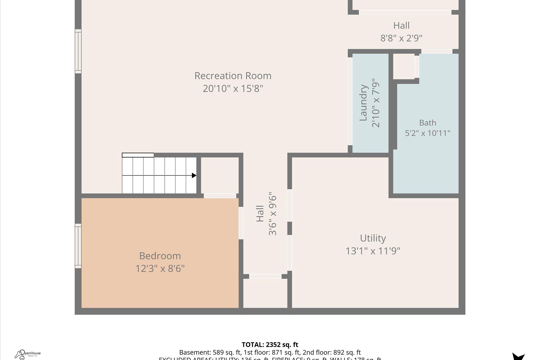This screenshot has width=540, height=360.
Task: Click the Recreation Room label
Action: pyautogui.click(x=233, y=76)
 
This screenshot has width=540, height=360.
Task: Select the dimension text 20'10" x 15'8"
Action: pyautogui.click(x=233, y=89)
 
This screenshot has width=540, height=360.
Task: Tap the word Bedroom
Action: pyautogui.click(x=160, y=256)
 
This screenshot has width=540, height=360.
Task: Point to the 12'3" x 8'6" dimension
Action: pyautogui.click(x=160, y=269)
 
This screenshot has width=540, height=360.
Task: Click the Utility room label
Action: pyautogui.click(x=373, y=238)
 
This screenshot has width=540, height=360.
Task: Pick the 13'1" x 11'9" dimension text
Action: pyautogui.click(x=373, y=251)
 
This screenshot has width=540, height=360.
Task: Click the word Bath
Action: pyautogui.click(x=427, y=123)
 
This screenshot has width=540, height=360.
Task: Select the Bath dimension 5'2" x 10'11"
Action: pyautogui.click(x=427, y=133)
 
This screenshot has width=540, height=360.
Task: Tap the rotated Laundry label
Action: pyautogui.click(x=363, y=103)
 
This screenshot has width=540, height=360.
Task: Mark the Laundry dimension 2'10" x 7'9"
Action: pyautogui.click(x=376, y=105)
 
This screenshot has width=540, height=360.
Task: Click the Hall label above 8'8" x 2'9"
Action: pyautogui.click(x=401, y=26)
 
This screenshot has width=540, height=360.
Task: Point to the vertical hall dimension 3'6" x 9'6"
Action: pyautogui.click(x=272, y=215)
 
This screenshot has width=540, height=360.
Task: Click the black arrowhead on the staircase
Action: pyautogui.click(x=194, y=175)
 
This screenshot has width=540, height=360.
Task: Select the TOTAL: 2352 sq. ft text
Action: pyautogui.click(x=270, y=345)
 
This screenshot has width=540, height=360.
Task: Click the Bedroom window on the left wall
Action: pyautogui.click(x=78, y=246)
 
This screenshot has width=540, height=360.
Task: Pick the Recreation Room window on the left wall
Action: pyautogui.click(x=78, y=51)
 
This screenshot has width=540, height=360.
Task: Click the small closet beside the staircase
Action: pyautogui.click(x=220, y=175)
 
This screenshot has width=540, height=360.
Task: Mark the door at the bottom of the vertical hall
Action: pyautogui.click(x=265, y=276)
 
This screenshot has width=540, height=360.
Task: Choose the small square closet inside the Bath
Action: pyautogui.click(x=404, y=66)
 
